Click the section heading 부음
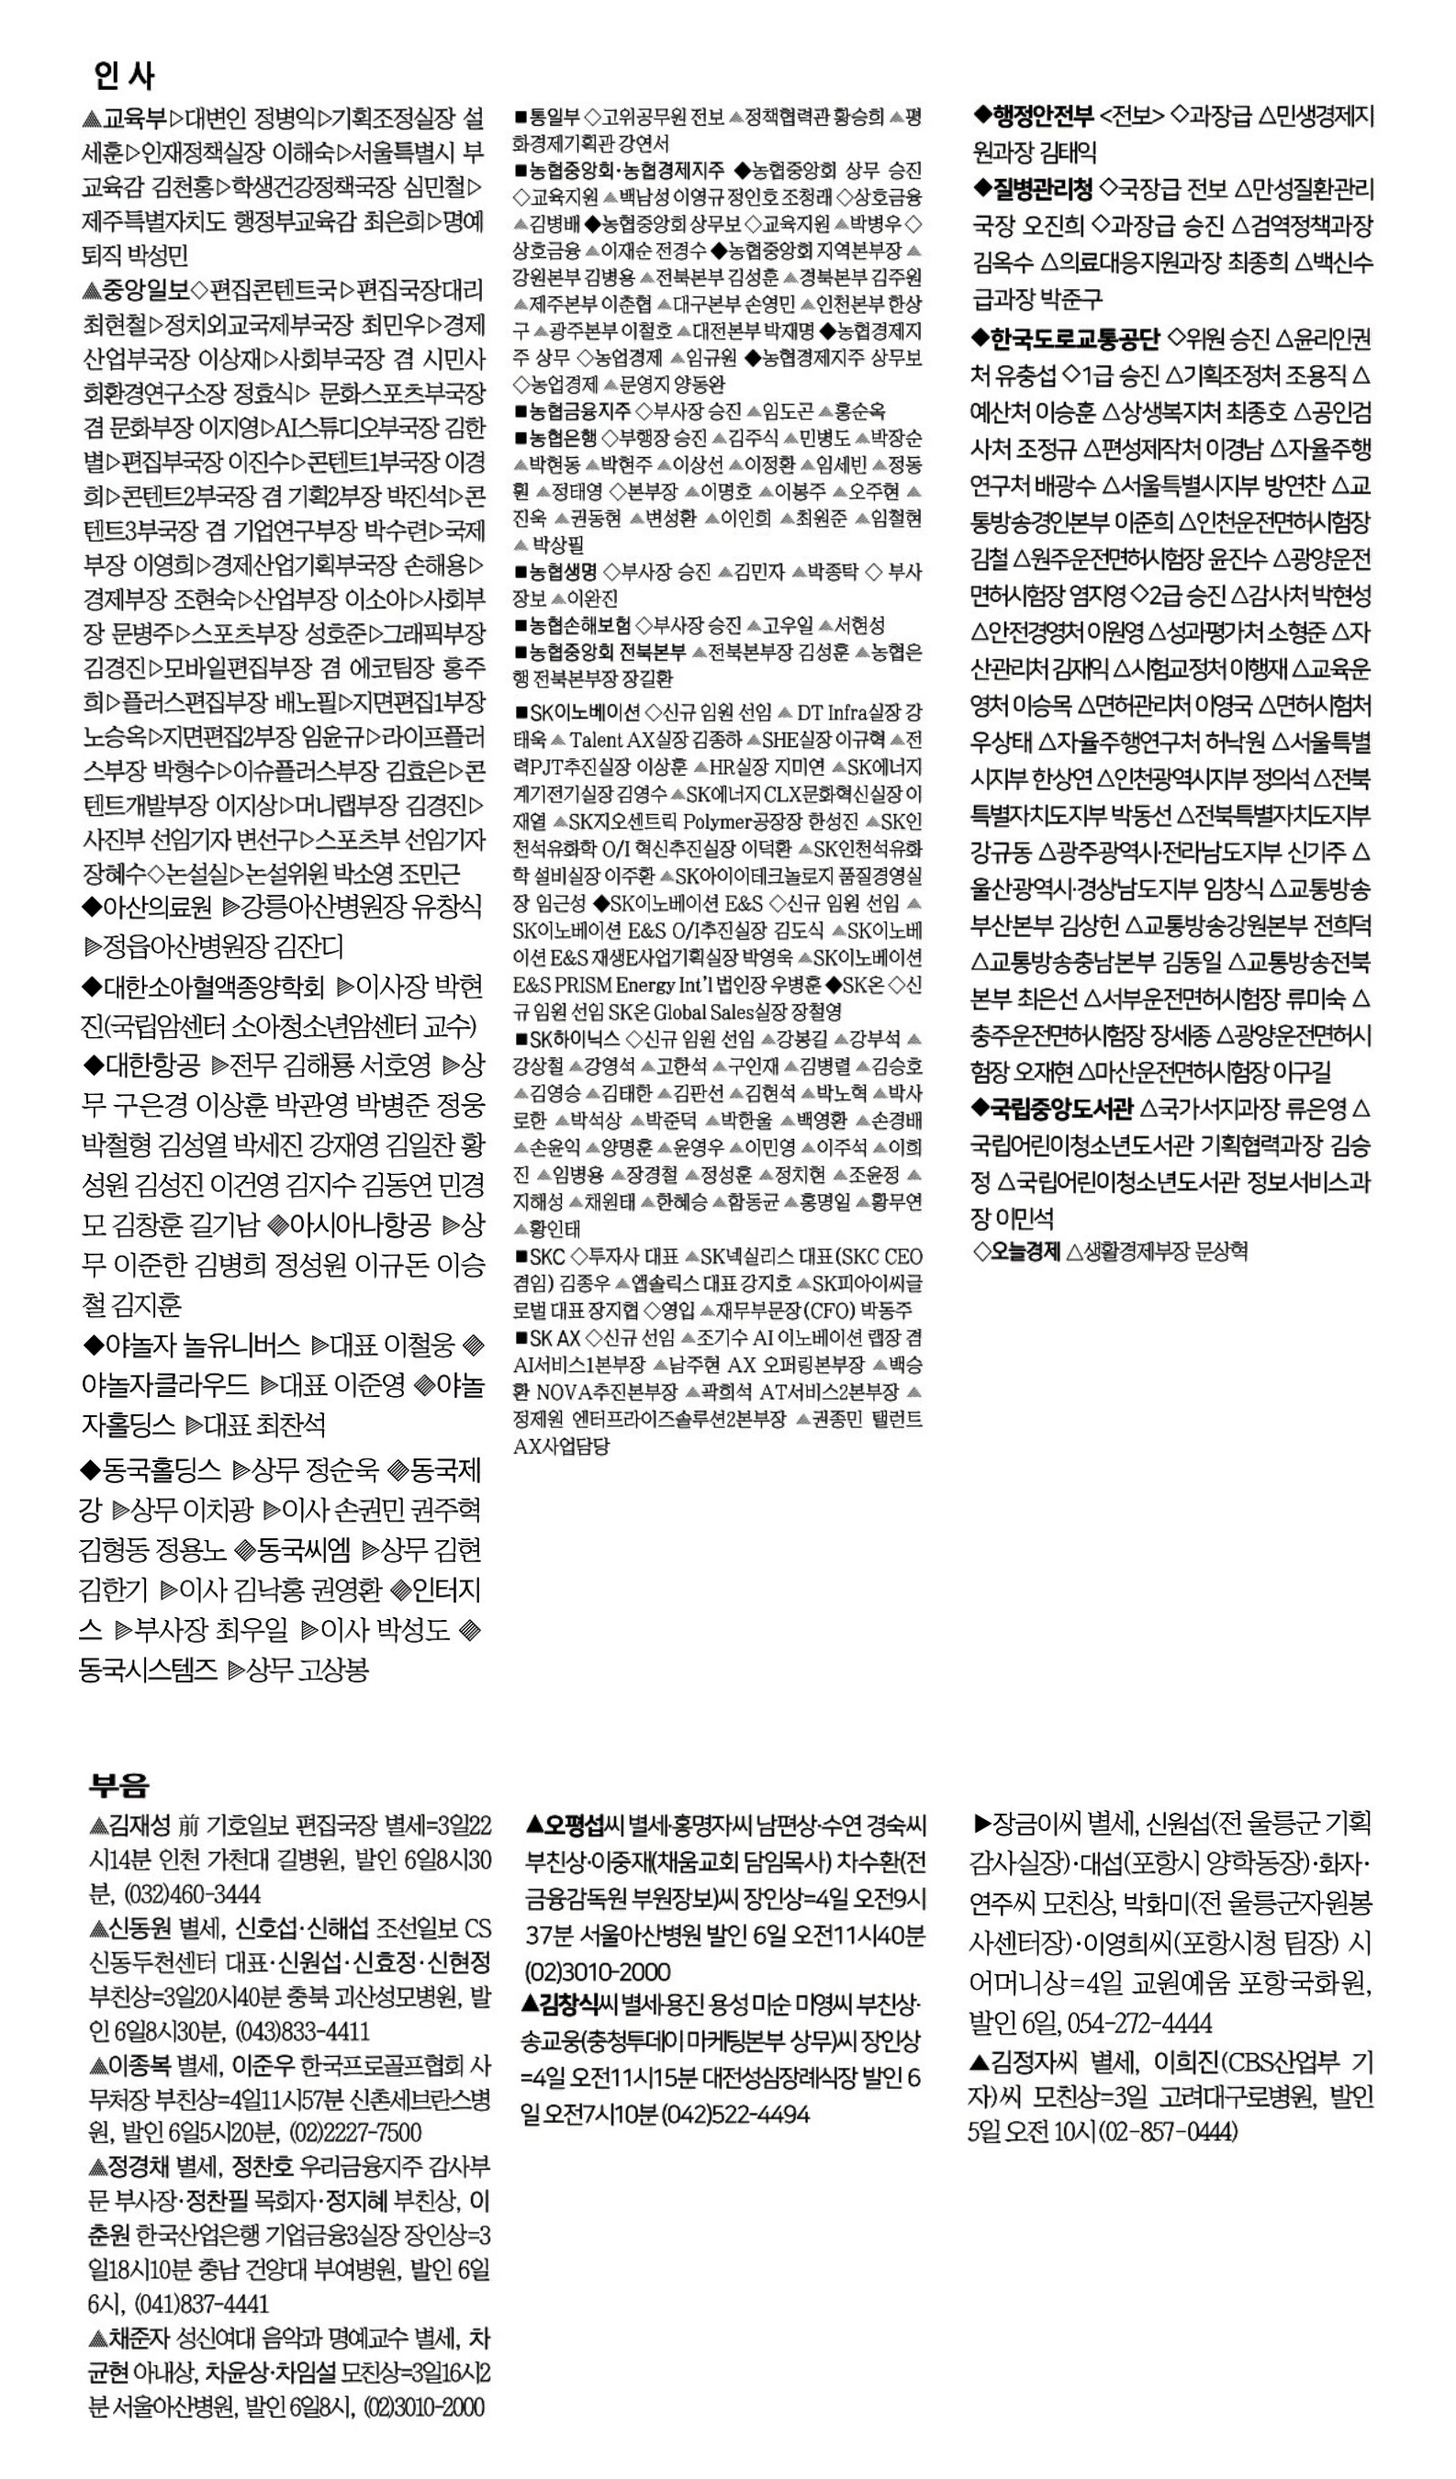(x=119, y=1783)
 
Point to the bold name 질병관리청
(x=1043, y=188)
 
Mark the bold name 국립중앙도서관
(x=1062, y=1109)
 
